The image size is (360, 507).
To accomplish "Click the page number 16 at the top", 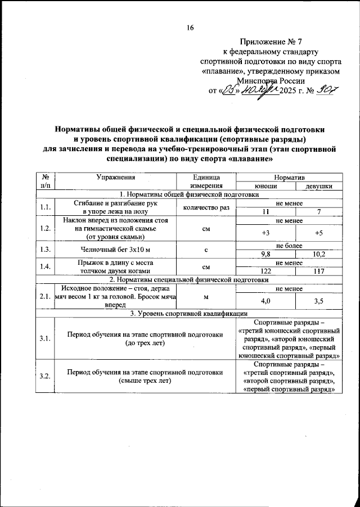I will [x=190, y=29].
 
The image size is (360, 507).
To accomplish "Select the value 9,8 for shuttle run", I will [x=266, y=254].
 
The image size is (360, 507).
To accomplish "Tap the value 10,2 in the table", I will [x=318, y=254].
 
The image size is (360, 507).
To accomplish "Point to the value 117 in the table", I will [x=318, y=271].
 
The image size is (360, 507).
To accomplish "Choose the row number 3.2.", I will [x=45, y=376].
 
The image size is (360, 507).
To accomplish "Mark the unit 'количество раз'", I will [x=205, y=207].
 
